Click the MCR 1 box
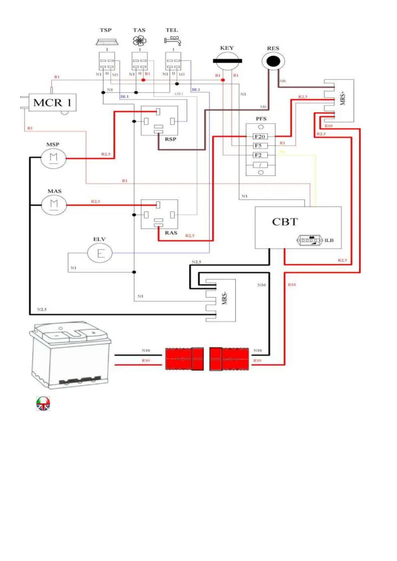[x=52, y=103]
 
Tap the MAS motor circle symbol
[x=54, y=205]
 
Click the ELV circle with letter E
[x=100, y=253]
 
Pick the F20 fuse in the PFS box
[x=260, y=137]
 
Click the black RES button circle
[x=273, y=61]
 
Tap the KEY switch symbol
[x=227, y=61]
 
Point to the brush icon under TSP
[x=107, y=42]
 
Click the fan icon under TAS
[x=139, y=41]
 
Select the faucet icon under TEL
[x=173, y=41]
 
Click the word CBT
[x=285, y=222]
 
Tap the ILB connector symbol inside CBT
[x=310, y=240]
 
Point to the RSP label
[x=170, y=139]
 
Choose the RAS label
[x=171, y=233]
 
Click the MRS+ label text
[x=343, y=98]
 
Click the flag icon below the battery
[x=43, y=403]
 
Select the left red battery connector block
[x=184, y=359]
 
